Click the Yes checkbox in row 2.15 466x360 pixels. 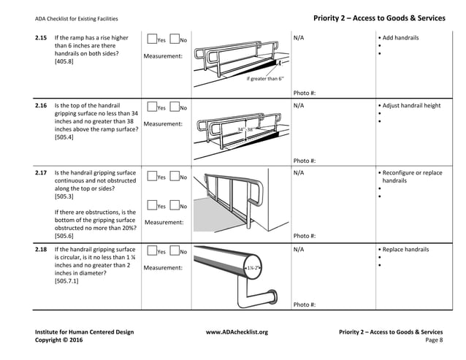151,39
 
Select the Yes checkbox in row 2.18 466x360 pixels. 151,252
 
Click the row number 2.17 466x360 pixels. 41,173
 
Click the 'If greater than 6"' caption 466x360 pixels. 265,78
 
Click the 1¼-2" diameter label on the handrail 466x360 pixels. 254,268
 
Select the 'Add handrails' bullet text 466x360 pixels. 400,38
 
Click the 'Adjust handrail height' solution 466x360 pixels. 410,105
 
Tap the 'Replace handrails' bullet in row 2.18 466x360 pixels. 405,250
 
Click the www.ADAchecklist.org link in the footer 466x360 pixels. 237,332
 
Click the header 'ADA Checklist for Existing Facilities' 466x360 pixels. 76,18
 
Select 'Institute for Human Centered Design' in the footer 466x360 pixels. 84,332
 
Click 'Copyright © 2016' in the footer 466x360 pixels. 59,340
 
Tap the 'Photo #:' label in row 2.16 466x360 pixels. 305,161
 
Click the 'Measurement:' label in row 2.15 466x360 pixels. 163,56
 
